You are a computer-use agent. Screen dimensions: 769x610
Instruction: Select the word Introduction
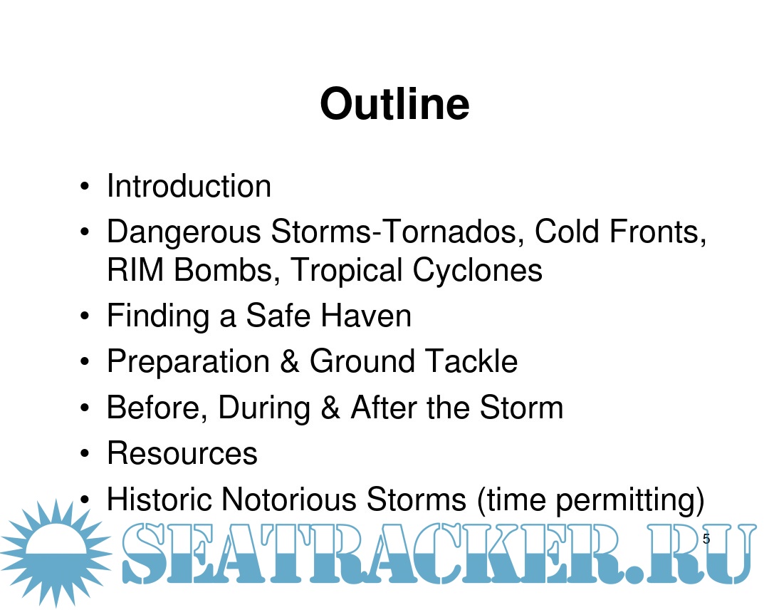pos(189,186)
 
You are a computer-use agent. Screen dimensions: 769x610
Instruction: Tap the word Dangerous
pos(184,232)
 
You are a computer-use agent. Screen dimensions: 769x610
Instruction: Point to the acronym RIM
pos(135,270)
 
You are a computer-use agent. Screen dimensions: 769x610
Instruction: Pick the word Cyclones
pos(477,271)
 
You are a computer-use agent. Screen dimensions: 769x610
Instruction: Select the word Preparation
pos(188,362)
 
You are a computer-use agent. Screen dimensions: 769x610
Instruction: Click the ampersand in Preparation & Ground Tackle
pos(290,361)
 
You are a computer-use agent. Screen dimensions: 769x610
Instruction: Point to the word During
pos(264,408)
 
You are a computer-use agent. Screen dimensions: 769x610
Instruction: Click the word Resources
pos(182,453)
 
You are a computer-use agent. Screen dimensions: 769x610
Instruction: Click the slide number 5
pos(706,539)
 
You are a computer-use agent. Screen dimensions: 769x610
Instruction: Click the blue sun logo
pos(56,553)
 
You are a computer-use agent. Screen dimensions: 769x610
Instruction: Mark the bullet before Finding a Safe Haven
pos(85,316)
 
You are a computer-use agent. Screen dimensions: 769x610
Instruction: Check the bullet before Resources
pos(85,454)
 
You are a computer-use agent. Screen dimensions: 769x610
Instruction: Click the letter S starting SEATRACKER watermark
pos(143,553)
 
